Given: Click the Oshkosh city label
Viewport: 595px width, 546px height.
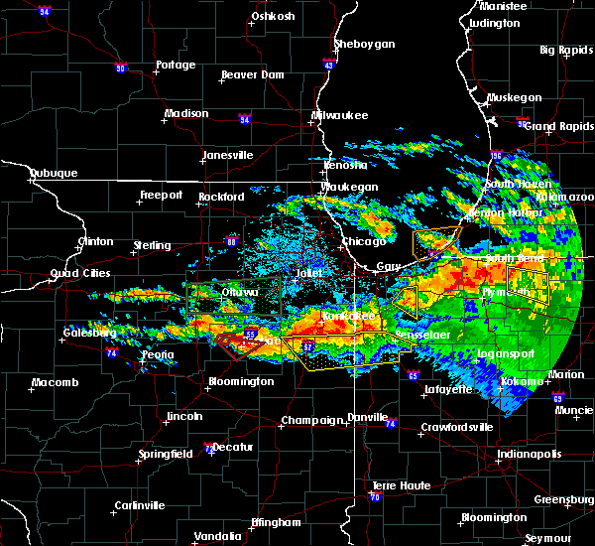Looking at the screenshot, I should (274, 16).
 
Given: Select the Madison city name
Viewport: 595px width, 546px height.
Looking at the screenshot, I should (186, 113).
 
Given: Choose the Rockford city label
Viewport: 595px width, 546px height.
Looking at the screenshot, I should (220, 197).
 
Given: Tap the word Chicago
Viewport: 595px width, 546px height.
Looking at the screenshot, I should (364, 242).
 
